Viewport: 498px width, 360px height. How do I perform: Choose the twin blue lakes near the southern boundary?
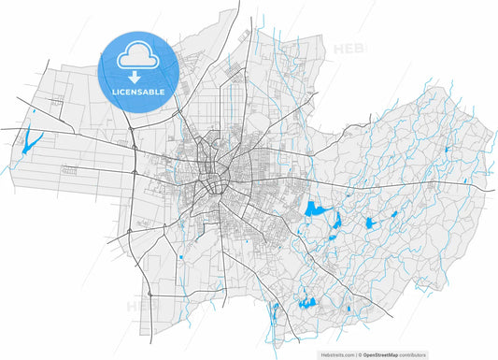(304, 301)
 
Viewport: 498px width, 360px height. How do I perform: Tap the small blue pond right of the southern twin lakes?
(348, 308)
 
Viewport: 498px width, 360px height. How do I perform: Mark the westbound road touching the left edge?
(3, 126)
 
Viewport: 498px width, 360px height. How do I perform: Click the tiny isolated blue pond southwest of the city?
(178, 255)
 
